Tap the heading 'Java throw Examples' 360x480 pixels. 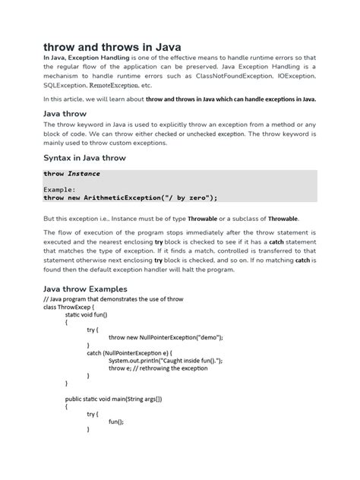click(85, 289)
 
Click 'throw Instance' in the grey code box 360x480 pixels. click(72, 173)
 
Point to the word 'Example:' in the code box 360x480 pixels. click(60, 189)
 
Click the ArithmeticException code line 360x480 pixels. click(131, 197)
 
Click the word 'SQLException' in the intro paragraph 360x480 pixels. click(66, 87)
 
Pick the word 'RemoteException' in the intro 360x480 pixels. click(119, 87)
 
